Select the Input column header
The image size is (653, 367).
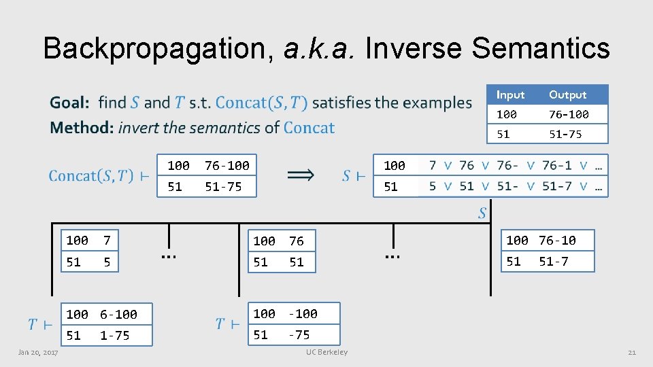510,94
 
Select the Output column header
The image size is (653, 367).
567,94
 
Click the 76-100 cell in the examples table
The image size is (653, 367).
569,114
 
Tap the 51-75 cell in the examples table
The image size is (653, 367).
565,134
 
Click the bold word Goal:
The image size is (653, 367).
69,103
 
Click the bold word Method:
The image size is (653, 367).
81,127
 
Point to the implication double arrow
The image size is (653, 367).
301,175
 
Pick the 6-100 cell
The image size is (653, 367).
118,315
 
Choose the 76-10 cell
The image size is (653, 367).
557,240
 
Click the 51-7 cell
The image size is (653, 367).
554,261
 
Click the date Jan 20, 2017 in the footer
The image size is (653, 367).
38,352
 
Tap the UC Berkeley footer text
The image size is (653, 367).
326,352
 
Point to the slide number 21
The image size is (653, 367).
631,352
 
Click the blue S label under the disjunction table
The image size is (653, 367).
482,213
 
